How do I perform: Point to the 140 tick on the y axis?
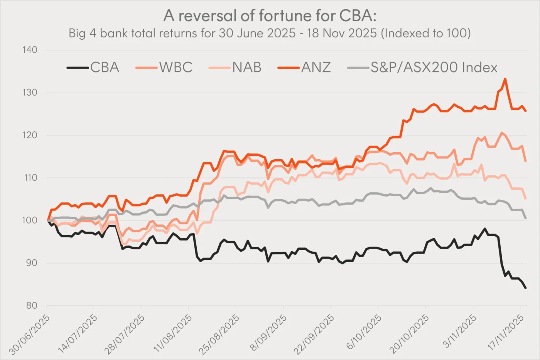pos(30,50)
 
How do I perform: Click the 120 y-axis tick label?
pos(30,135)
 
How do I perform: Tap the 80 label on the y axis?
pos(31,306)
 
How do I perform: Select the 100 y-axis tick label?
pos(30,220)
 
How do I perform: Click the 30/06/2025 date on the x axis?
pos(30,334)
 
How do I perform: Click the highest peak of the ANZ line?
pos(505,79)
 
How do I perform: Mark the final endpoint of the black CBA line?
pos(525,288)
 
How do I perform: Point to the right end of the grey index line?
pos(525,218)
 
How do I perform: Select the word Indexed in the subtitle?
pos(407,33)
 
